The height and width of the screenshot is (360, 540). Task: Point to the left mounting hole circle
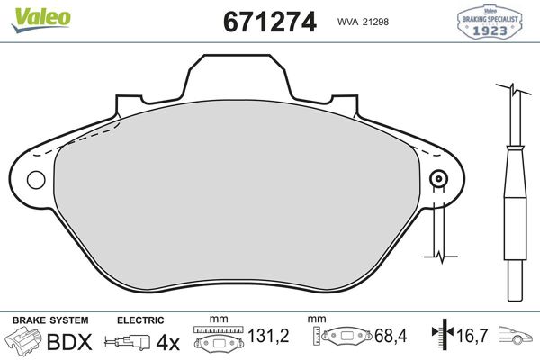[35, 179]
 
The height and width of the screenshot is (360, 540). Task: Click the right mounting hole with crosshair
[439, 179]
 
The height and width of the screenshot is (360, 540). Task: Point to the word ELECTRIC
[139, 320]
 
